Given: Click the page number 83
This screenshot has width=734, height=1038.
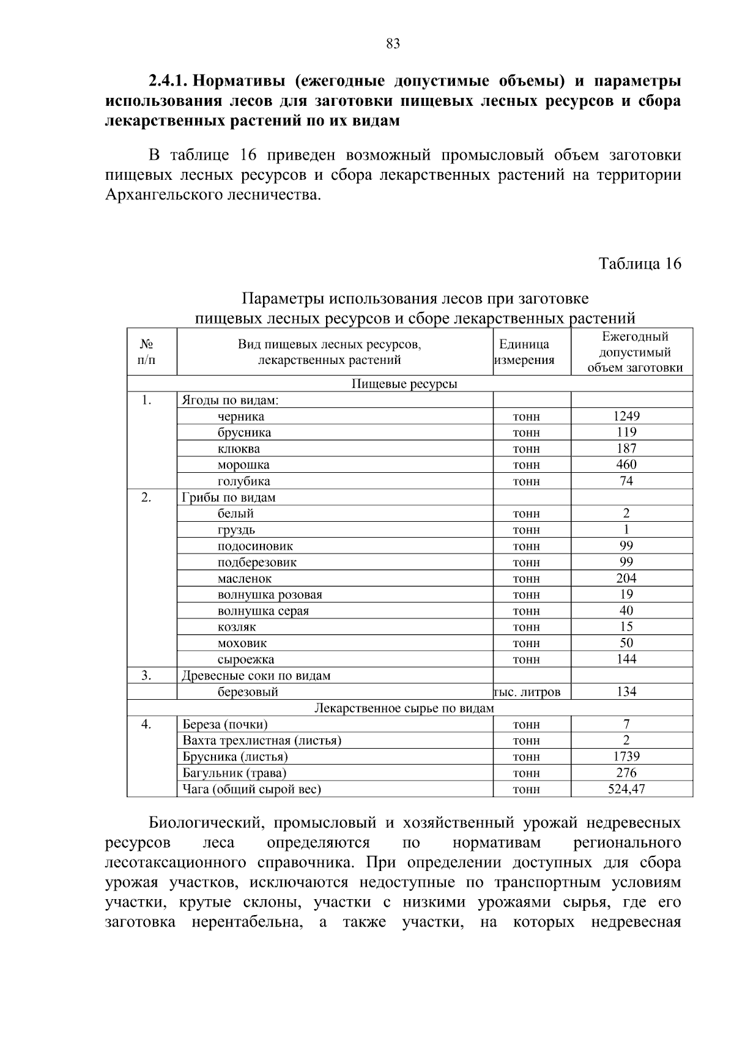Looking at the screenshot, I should click(393, 44).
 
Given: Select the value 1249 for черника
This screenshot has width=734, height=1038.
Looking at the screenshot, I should click(626, 417).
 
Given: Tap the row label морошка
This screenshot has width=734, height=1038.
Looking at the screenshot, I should click(243, 465).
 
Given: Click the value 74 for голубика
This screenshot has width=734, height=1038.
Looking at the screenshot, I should click(626, 481).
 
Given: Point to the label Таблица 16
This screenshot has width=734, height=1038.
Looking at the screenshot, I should click(639, 264).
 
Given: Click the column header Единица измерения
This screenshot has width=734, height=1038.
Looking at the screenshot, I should click(524, 352).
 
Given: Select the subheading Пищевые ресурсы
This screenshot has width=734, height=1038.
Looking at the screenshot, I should click(404, 384).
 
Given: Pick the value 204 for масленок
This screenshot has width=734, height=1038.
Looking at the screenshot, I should click(626, 579).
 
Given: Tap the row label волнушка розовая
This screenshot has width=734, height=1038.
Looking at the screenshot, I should click(270, 595).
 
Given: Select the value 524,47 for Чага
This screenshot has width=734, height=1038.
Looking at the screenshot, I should click(626, 790).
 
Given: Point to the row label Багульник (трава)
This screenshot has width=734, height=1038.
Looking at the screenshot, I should click(234, 773).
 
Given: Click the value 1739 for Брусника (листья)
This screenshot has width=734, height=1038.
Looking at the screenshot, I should click(626, 757).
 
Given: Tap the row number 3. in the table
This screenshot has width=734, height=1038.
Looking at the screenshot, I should click(146, 675).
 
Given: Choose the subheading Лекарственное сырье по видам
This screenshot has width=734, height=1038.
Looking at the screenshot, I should click(404, 708).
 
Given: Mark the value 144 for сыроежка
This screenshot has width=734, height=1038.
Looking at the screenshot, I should click(626, 659).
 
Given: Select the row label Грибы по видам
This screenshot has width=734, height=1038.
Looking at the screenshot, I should click(229, 498).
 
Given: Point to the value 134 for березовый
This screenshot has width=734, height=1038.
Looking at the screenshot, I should click(626, 692).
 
